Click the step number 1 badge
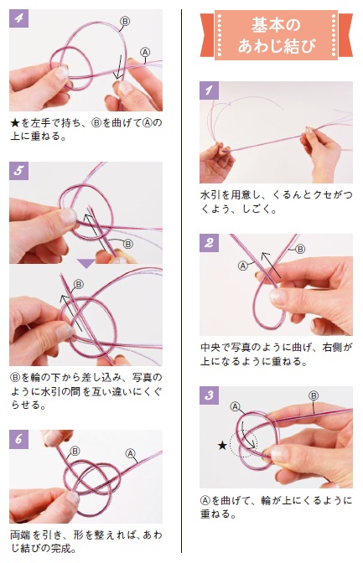point(209,90)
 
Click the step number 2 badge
point(209,243)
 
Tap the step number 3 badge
point(209,395)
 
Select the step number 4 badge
point(18,18)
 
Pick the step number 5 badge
point(18,171)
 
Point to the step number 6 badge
point(18,439)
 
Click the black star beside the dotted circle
point(222,446)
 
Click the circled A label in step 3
point(235,407)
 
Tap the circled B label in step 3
point(314,395)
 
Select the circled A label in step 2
point(243,266)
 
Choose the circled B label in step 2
point(300,249)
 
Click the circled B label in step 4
point(124,22)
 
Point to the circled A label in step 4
point(144,53)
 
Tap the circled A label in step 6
point(130,453)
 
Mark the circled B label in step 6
point(75,451)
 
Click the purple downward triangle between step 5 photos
point(86,264)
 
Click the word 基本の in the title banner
point(276,25)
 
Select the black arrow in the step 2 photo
point(272,266)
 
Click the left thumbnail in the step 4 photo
point(60,73)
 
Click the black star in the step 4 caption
point(15,123)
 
